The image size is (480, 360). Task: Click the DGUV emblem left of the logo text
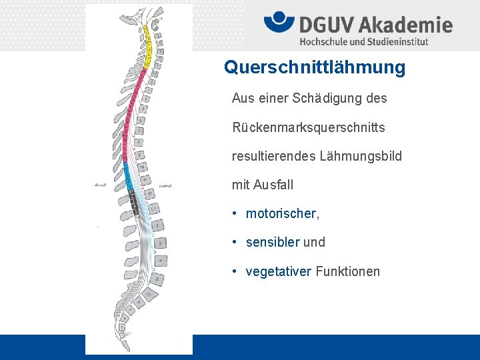pos(279,23)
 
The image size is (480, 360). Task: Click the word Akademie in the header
pos(406,25)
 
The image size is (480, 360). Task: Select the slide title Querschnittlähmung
pos(315,67)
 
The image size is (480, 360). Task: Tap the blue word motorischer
pos(281,213)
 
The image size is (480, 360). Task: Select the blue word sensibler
pos(273,242)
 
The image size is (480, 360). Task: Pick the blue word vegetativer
pos(279,271)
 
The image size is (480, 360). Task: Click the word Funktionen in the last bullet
pos(348,271)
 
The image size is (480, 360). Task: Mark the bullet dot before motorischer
pos(235,213)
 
